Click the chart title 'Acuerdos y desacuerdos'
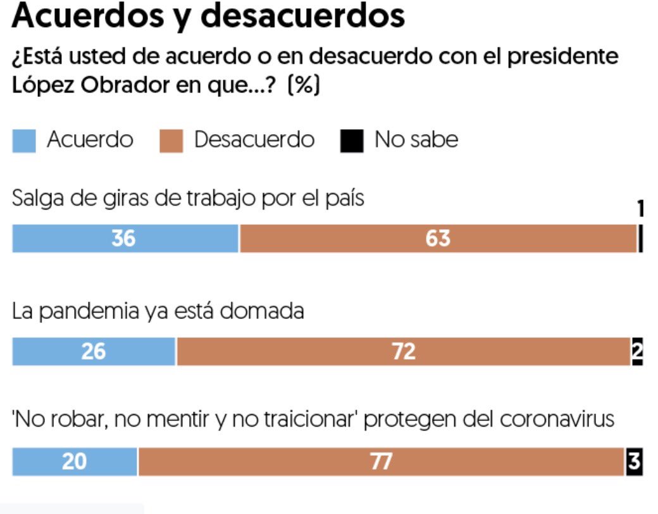click(208, 18)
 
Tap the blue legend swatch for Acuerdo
click(24, 141)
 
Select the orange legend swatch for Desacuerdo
click(170, 141)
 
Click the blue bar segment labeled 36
click(125, 239)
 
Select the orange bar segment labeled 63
click(438, 239)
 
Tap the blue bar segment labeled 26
click(94, 351)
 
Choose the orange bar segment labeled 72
click(403, 351)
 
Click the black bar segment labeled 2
click(637, 351)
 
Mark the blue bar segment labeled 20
click(75, 462)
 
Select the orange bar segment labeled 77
click(381, 462)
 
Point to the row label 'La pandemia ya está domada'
click(158, 311)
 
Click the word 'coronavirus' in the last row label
click(557, 420)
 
